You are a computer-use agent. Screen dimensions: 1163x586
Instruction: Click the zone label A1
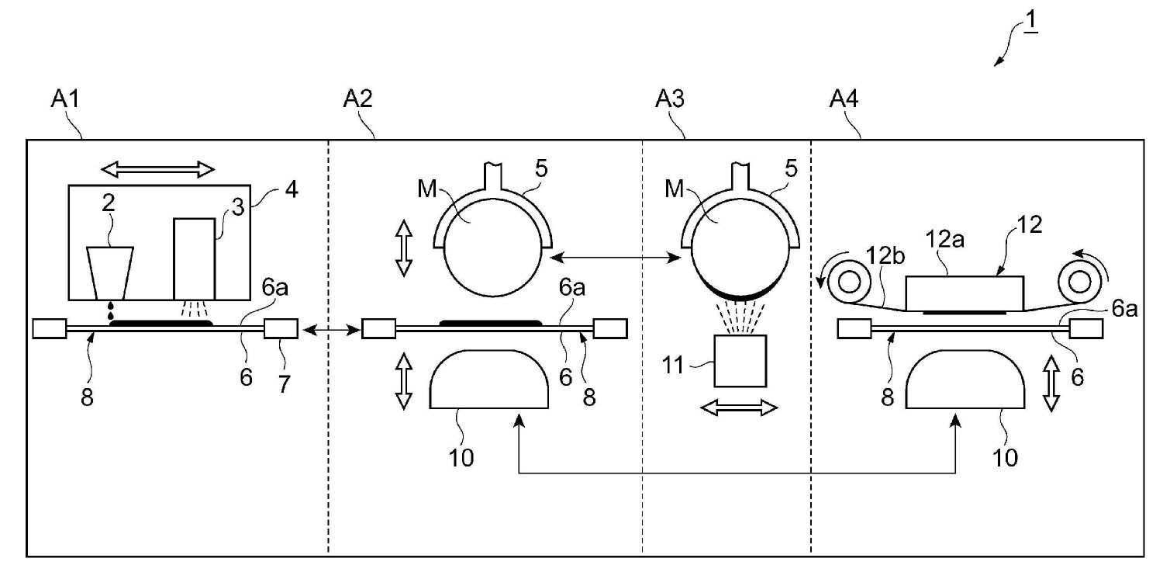point(65,99)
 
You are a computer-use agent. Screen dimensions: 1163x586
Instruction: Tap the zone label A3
point(670,99)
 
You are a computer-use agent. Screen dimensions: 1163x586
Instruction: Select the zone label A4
point(844,99)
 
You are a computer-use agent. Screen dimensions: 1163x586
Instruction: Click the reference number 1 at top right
point(1031,20)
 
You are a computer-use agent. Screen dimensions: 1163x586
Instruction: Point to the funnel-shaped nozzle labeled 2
point(110,273)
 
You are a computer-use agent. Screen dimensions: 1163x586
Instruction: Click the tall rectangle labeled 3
point(194,259)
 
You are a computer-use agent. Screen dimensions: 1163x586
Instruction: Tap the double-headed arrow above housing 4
point(158,169)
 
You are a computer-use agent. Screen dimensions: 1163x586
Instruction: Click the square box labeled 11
point(740,361)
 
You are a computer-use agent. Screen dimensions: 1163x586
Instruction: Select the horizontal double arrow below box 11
point(739,407)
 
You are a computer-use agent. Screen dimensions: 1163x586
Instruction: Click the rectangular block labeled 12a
point(965,294)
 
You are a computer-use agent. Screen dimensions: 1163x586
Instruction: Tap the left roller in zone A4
point(849,283)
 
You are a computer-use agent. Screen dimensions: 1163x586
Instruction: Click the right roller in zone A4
point(1080,283)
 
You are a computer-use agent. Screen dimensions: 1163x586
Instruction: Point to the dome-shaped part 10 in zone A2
point(489,379)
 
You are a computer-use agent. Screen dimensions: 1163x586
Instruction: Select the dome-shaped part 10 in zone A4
point(965,379)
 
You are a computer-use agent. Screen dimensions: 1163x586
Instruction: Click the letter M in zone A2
point(427,189)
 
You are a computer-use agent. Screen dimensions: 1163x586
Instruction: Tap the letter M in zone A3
point(675,189)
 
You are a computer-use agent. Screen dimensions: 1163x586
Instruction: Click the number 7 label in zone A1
point(284,385)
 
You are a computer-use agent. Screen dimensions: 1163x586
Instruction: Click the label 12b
point(885,255)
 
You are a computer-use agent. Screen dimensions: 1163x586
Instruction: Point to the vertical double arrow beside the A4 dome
point(1051,383)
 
